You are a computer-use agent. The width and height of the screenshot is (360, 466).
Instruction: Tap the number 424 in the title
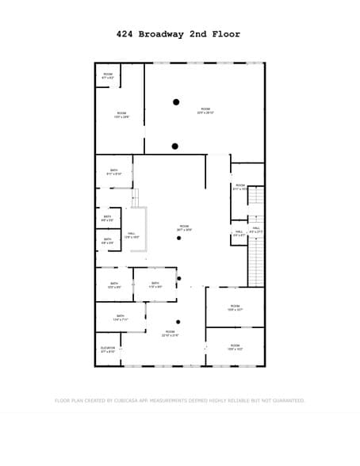[124, 34]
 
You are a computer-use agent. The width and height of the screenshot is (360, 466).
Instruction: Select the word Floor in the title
[225, 34]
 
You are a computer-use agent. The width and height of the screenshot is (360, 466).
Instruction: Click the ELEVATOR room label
[108, 349]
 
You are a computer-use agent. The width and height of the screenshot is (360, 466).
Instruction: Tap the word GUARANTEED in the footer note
[286, 401]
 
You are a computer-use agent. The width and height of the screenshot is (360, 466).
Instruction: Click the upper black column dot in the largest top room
[176, 101]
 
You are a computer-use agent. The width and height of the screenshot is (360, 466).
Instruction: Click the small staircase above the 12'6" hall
[135, 198]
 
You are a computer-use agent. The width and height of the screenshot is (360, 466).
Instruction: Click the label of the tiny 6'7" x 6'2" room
[108, 76]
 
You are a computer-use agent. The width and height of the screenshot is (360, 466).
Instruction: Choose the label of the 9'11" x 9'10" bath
[113, 171]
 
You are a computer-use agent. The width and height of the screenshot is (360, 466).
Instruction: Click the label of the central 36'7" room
[184, 227]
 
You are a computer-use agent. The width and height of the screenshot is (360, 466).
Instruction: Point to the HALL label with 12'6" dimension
[132, 235]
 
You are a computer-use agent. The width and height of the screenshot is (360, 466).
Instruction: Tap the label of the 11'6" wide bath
[155, 285]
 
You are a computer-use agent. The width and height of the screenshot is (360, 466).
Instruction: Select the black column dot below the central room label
[179, 238]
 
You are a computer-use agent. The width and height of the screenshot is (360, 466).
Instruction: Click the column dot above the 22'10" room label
[178, 321]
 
